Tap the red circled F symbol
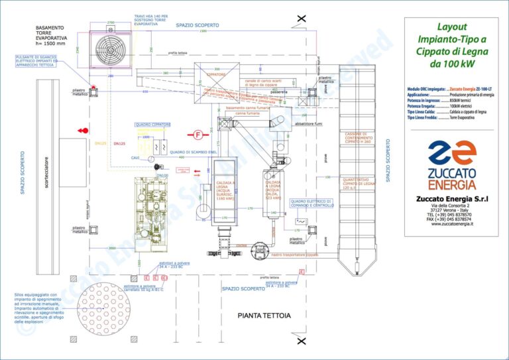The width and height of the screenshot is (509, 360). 198,135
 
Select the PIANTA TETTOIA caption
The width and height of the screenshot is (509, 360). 264,316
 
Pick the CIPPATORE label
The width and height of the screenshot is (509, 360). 215,76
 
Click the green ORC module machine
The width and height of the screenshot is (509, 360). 153,199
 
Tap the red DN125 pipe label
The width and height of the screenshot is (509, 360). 101,143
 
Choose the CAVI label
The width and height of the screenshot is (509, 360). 135,158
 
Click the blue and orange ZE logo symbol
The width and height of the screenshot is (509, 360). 451,155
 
